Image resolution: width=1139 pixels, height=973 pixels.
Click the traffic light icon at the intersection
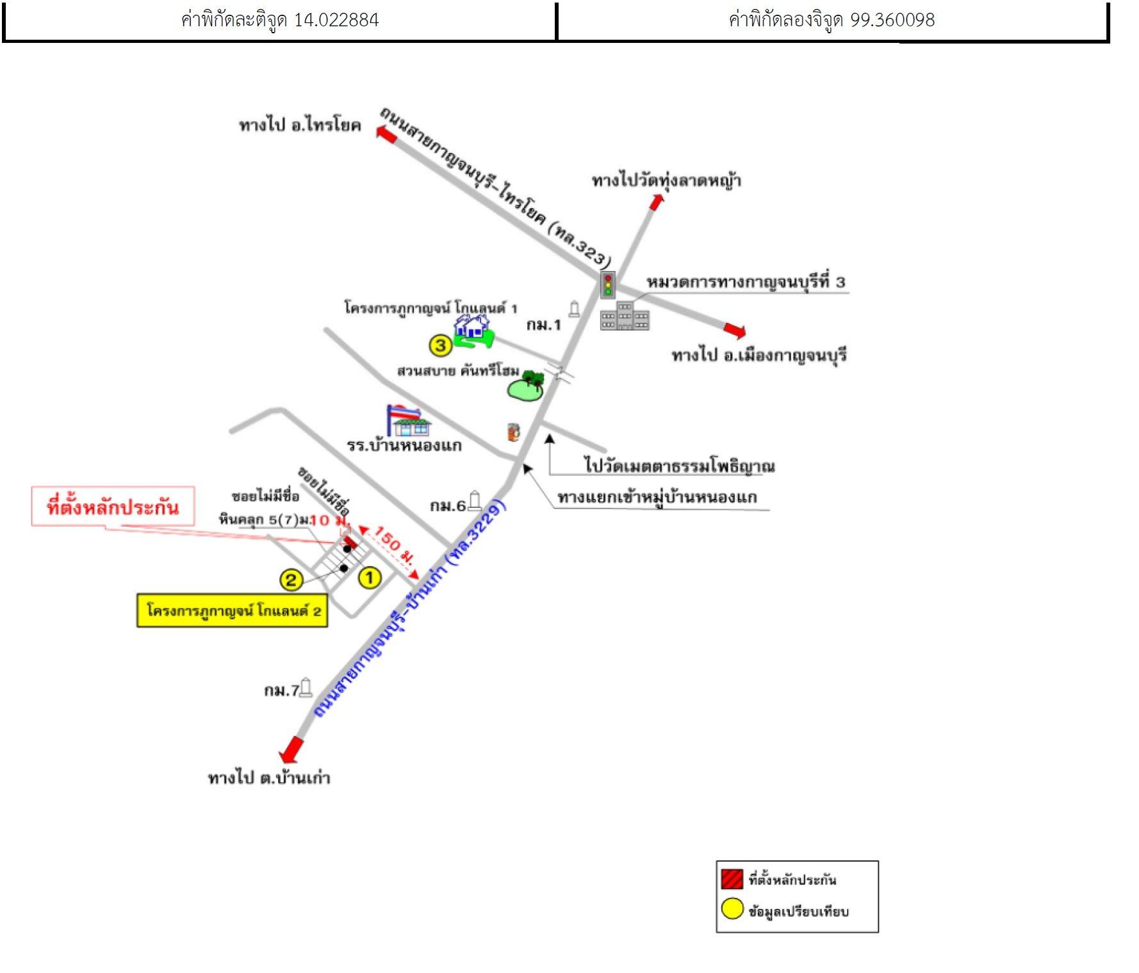[608, 284]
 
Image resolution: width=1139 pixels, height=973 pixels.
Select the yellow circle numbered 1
[369, 578]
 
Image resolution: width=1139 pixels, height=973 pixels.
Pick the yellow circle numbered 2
[291, 580]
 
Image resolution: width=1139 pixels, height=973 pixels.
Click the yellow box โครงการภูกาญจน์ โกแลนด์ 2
[232, 610]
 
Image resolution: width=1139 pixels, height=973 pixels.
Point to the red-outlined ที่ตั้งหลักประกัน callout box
[113, 507]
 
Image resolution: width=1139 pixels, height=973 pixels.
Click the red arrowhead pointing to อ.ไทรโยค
[386, 135]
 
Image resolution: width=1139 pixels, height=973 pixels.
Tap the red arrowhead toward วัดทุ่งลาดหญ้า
[656, 202]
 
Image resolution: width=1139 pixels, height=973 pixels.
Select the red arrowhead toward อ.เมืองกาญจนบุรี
[735, 331]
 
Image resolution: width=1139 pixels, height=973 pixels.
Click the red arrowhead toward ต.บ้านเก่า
[291, 749]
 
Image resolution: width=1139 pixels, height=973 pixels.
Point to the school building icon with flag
[408, 420]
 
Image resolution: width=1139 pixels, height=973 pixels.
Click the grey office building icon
[625, 316]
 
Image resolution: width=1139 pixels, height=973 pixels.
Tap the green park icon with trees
[526, 386]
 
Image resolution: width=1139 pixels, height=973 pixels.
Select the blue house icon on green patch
[473, 331]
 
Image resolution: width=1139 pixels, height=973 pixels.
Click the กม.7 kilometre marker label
[281, 690]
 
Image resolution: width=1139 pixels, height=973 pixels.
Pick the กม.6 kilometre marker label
[448, 506]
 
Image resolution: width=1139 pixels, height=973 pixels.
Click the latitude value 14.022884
[336, 20]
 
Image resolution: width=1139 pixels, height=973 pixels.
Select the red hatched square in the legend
[732, 879]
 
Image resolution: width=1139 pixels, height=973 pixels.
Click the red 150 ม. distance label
[394, 544]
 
